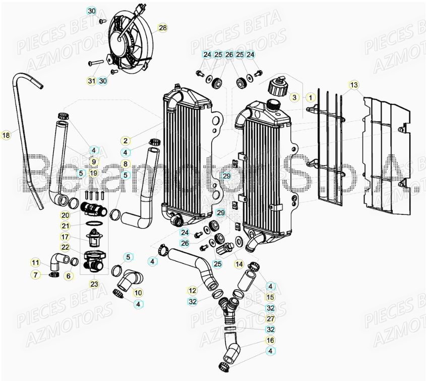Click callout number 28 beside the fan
pyautogui.click(x=162, y=28)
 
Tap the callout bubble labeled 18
pyautogui.click(x=6, y=135)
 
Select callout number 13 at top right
pyautogui.click(x=354, y=85)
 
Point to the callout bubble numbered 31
pyautogui.click(x=91, y=81)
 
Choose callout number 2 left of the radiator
pyautogui.click(x=125, y=141)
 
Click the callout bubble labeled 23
pyautogui.click(x=94, y=284)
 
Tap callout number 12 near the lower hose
pyautogui.click(x=192, y=291)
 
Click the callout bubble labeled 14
pyautogui.click(x=238, y=264)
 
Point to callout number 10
pyautogui.click(x=138, y=292)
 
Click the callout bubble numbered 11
pyautogui.click(x=35, y=262)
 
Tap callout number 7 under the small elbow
pyautogui.click(x=35, y=275)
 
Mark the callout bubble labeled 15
pyautogui.click(x=270, y=297)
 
